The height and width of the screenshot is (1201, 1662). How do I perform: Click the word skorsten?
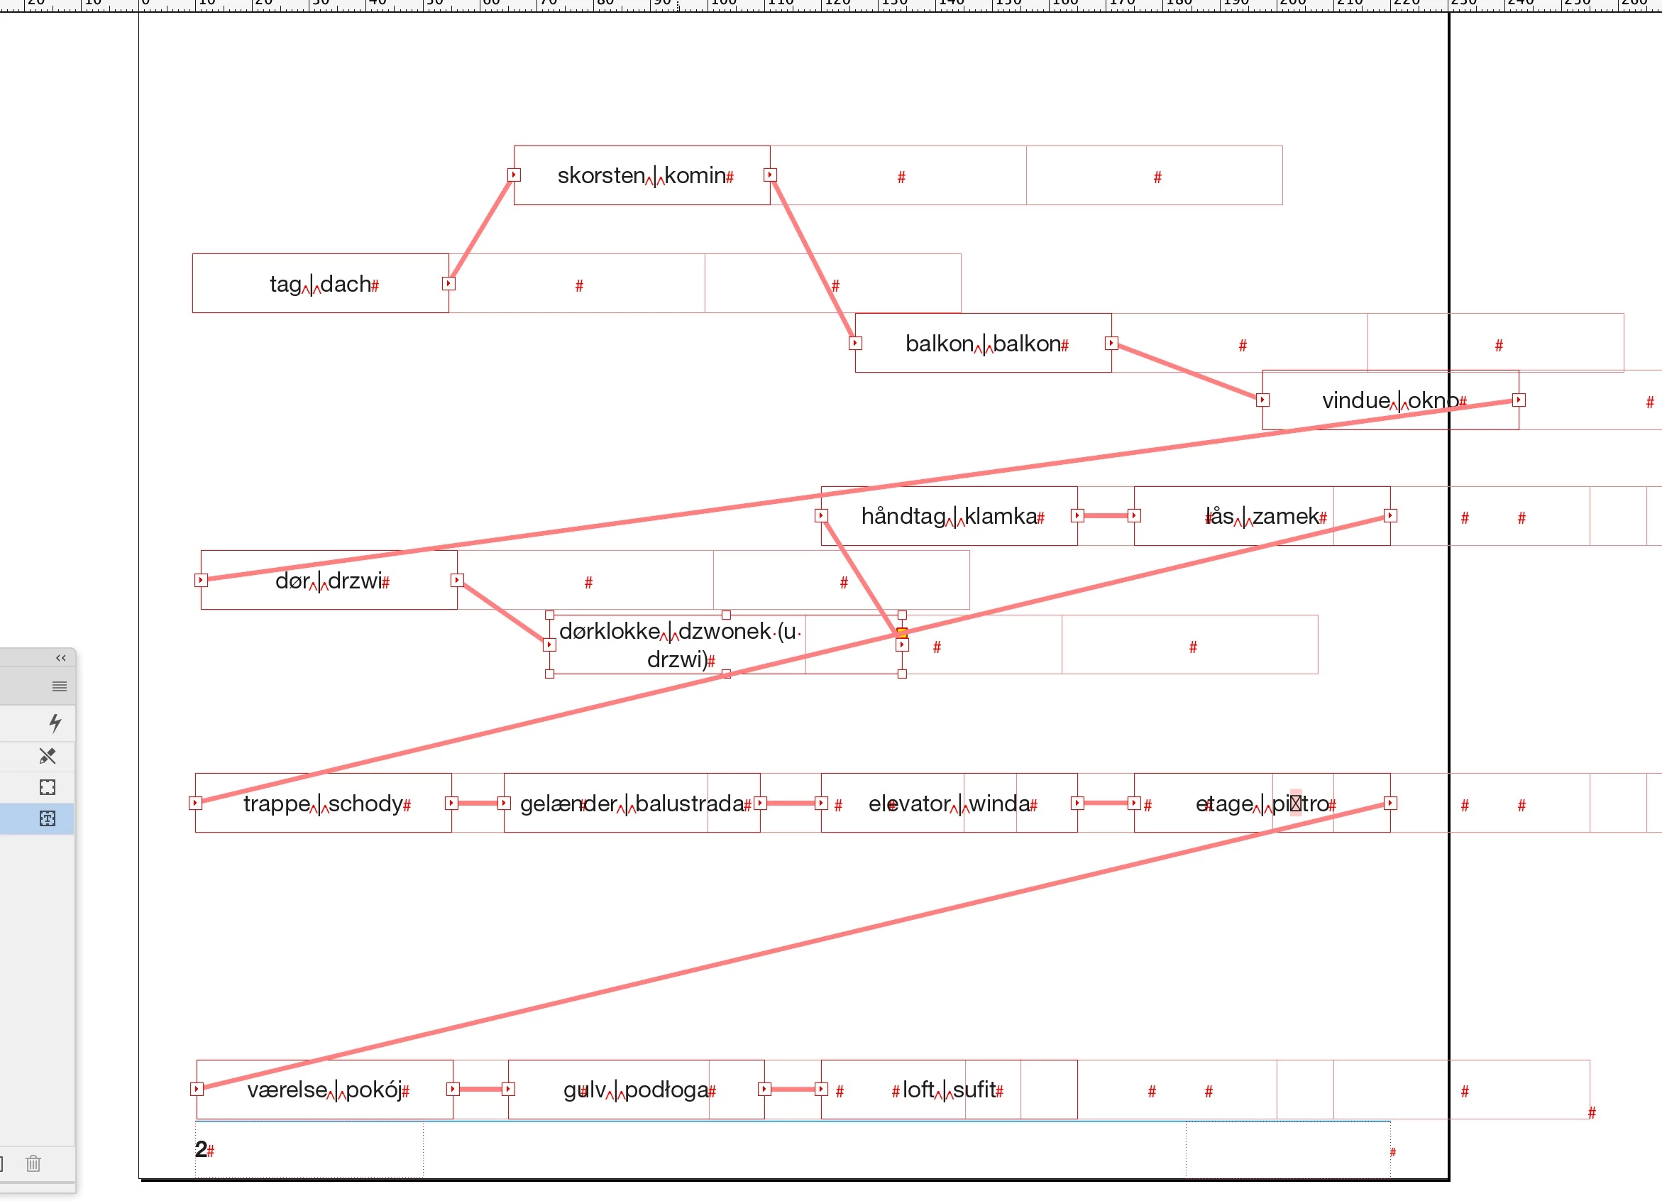(600, 176)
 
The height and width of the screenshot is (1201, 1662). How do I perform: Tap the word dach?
(345, 285)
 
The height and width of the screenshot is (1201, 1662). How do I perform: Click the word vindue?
(1355, 401)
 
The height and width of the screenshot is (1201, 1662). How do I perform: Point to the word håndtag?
(902, 517)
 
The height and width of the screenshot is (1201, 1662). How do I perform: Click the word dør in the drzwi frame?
(292, 581)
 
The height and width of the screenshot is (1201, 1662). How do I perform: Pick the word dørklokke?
(609, 632)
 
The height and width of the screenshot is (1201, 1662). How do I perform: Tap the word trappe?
(276, 804)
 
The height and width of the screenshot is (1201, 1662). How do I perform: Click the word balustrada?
(689, 804)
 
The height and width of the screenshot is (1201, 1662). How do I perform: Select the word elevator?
(908, 804)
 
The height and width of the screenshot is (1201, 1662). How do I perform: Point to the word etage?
(1223, 804)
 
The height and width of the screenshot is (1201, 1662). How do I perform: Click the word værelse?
(287, 1090)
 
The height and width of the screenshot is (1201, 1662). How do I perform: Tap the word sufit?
(973, 1090)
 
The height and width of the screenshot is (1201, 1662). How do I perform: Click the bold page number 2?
(200, 1149)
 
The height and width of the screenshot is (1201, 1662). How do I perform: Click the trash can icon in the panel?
(33, 1163)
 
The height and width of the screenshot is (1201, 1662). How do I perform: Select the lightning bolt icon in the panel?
(55, 723)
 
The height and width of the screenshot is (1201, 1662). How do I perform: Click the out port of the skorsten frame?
(770, 175)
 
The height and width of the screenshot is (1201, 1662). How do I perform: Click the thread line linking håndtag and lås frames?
(1106, 516)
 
